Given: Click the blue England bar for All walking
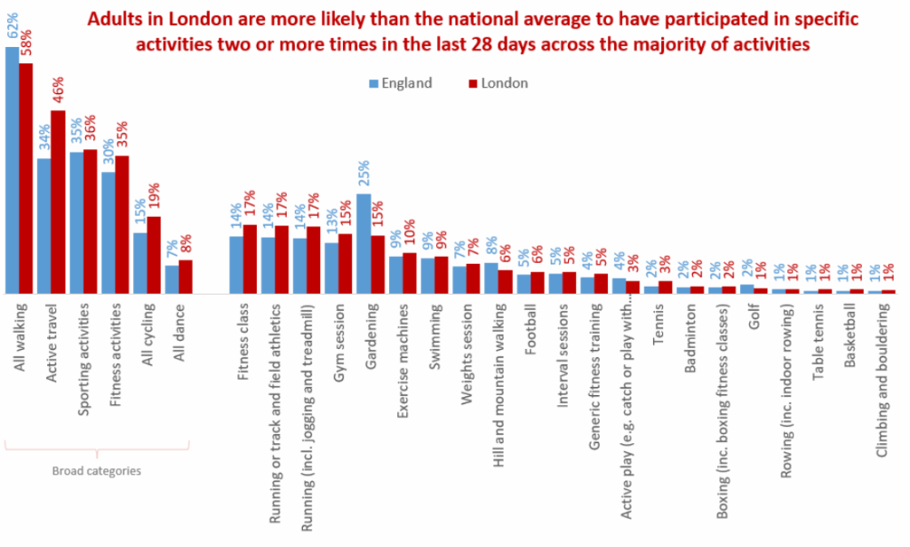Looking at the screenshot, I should pos(12,170).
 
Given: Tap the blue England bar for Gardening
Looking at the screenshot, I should pos(363,243).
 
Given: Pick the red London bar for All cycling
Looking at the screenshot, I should pos(154,255).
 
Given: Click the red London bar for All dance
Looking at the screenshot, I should pos(186,276).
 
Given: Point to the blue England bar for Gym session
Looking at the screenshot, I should pos(331,267).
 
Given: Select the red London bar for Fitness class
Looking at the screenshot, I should pos(250,258).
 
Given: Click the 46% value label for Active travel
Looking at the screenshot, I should pos(58,91).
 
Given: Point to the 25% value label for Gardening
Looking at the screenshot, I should pos(363,176).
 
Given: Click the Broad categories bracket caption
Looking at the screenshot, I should pos(97,471).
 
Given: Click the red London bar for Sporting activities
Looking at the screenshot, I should pos(90,221).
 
